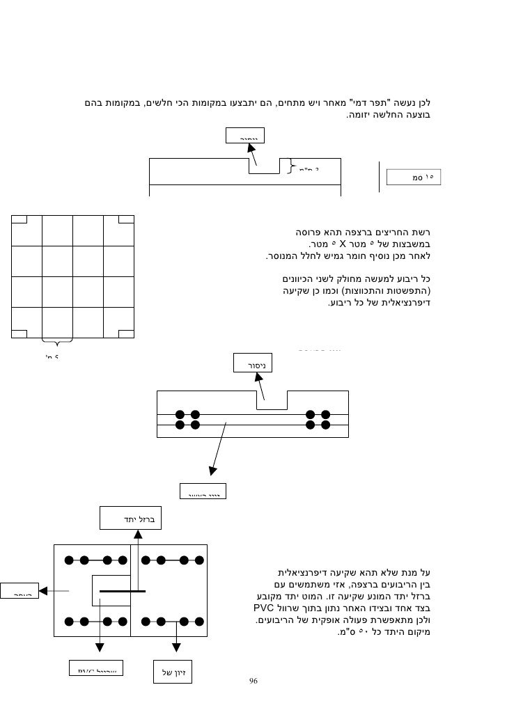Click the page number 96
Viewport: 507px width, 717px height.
click(253, 680)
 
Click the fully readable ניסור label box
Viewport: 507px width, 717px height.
click(254, 363)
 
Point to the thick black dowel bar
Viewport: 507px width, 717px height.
click(122, 591)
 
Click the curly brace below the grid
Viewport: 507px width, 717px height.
click(57, 342)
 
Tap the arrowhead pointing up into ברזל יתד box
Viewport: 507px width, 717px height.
click(138, 535)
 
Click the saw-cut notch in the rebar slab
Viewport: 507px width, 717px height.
click(272, 400)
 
